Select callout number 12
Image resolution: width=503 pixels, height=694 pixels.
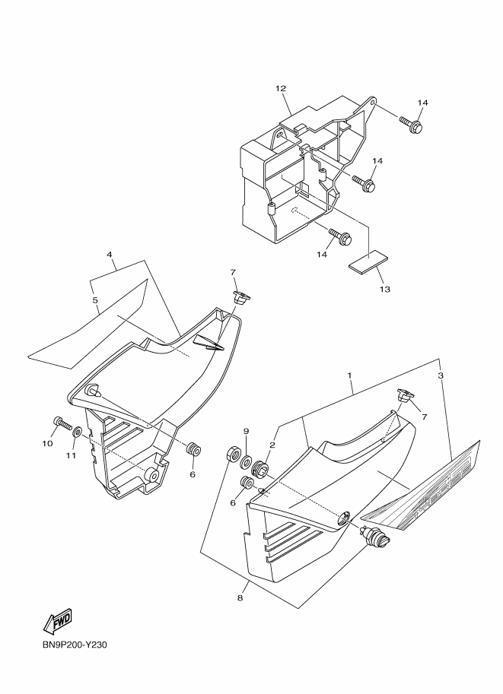pyautogui.click(x=281, y=88)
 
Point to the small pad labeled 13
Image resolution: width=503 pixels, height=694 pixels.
pyautogui.click(x=368, y=261)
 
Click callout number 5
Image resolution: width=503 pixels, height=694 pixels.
pyautogui.click(x=96, y=300)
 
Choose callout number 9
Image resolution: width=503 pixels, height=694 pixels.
pyautogui.click(x=247, y=432)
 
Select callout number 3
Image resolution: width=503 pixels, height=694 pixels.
pyautogui.click(x=441, y=376)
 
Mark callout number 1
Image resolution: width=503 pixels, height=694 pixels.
pyautogui.click(x=349, y=376)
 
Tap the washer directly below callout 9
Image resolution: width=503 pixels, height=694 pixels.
pyautogui.click(x=247, y=462)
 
